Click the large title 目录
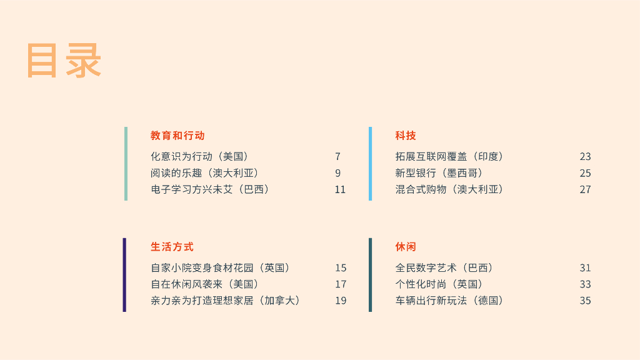tap(64, 61)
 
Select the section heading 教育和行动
tap(177, 136)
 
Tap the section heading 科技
tap(406, 136)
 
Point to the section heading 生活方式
tap(172, 247)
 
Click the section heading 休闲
tap(406, 247)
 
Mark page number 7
tap(337, 156)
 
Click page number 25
tap(585, 173)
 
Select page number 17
tap(340, 284)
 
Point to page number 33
tap(585, 284)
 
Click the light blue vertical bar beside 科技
tap(370, 164)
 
